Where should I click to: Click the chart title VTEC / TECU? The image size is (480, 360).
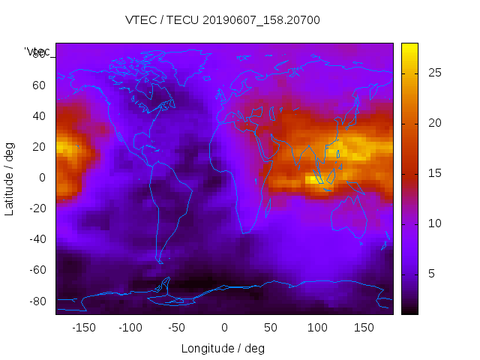tap(222, 20)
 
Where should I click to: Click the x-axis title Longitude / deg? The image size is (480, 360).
tap(223, 348)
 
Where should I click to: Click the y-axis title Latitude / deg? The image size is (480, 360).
tap(10, 178)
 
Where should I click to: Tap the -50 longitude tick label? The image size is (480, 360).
tap(177, 328)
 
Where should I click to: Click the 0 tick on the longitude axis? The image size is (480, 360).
tap(224, 328)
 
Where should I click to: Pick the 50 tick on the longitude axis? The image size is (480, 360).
tap(271, 328)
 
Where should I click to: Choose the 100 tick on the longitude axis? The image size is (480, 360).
tap(318, 328)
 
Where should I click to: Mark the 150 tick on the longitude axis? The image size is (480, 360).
tap(364, 328)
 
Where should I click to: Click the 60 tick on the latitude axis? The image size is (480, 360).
tap(39, 85)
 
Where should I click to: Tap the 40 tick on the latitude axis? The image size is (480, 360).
tap(39, 115)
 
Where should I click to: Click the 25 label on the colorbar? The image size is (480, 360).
tap(433, 73)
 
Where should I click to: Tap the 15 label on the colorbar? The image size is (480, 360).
tap(433, 174)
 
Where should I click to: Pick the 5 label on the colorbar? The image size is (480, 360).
tap(430, 274)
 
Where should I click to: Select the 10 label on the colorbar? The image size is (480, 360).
tap(433, 224)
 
